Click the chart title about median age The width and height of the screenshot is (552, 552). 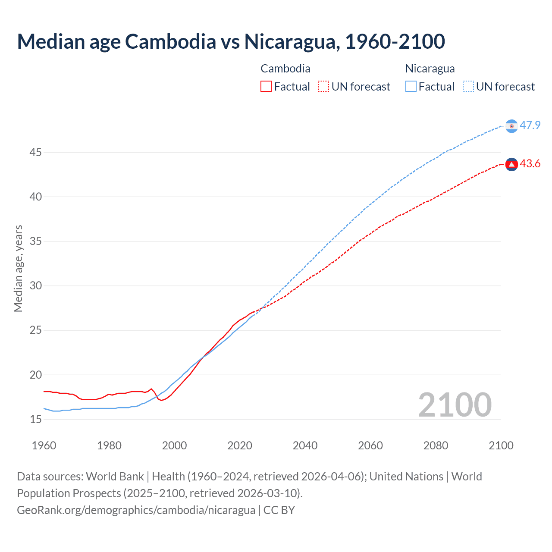coord(231,41)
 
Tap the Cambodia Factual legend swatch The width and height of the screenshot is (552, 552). coord(266,86)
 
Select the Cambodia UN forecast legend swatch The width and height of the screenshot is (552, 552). coord(323,86)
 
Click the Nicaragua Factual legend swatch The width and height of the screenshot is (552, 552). coord(411,86)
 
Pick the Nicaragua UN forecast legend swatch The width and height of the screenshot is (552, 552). coord(468,86)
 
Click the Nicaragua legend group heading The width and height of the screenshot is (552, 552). coord(430,69)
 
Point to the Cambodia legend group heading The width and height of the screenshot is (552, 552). coord(285,69)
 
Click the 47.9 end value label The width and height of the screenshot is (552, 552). coord(530,125)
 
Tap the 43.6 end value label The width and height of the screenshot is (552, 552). coord(530,164)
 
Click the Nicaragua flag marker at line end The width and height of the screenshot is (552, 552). coord(511,126)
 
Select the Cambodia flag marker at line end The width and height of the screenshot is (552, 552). coord(511,164)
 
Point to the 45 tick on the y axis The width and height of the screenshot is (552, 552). coord(35,152)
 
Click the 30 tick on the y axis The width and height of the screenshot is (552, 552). coord(35,285)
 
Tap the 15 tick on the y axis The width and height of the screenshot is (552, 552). coord(35,419)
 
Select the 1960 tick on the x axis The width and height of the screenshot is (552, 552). coord(44,445)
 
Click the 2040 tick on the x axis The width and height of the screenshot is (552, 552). coord(305,445)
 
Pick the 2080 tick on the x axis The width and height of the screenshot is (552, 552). coord(436,445)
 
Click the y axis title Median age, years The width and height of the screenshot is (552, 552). coord(18,268)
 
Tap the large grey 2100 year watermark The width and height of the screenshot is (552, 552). coord(455,405)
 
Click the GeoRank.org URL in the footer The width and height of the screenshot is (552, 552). coord(136,510)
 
